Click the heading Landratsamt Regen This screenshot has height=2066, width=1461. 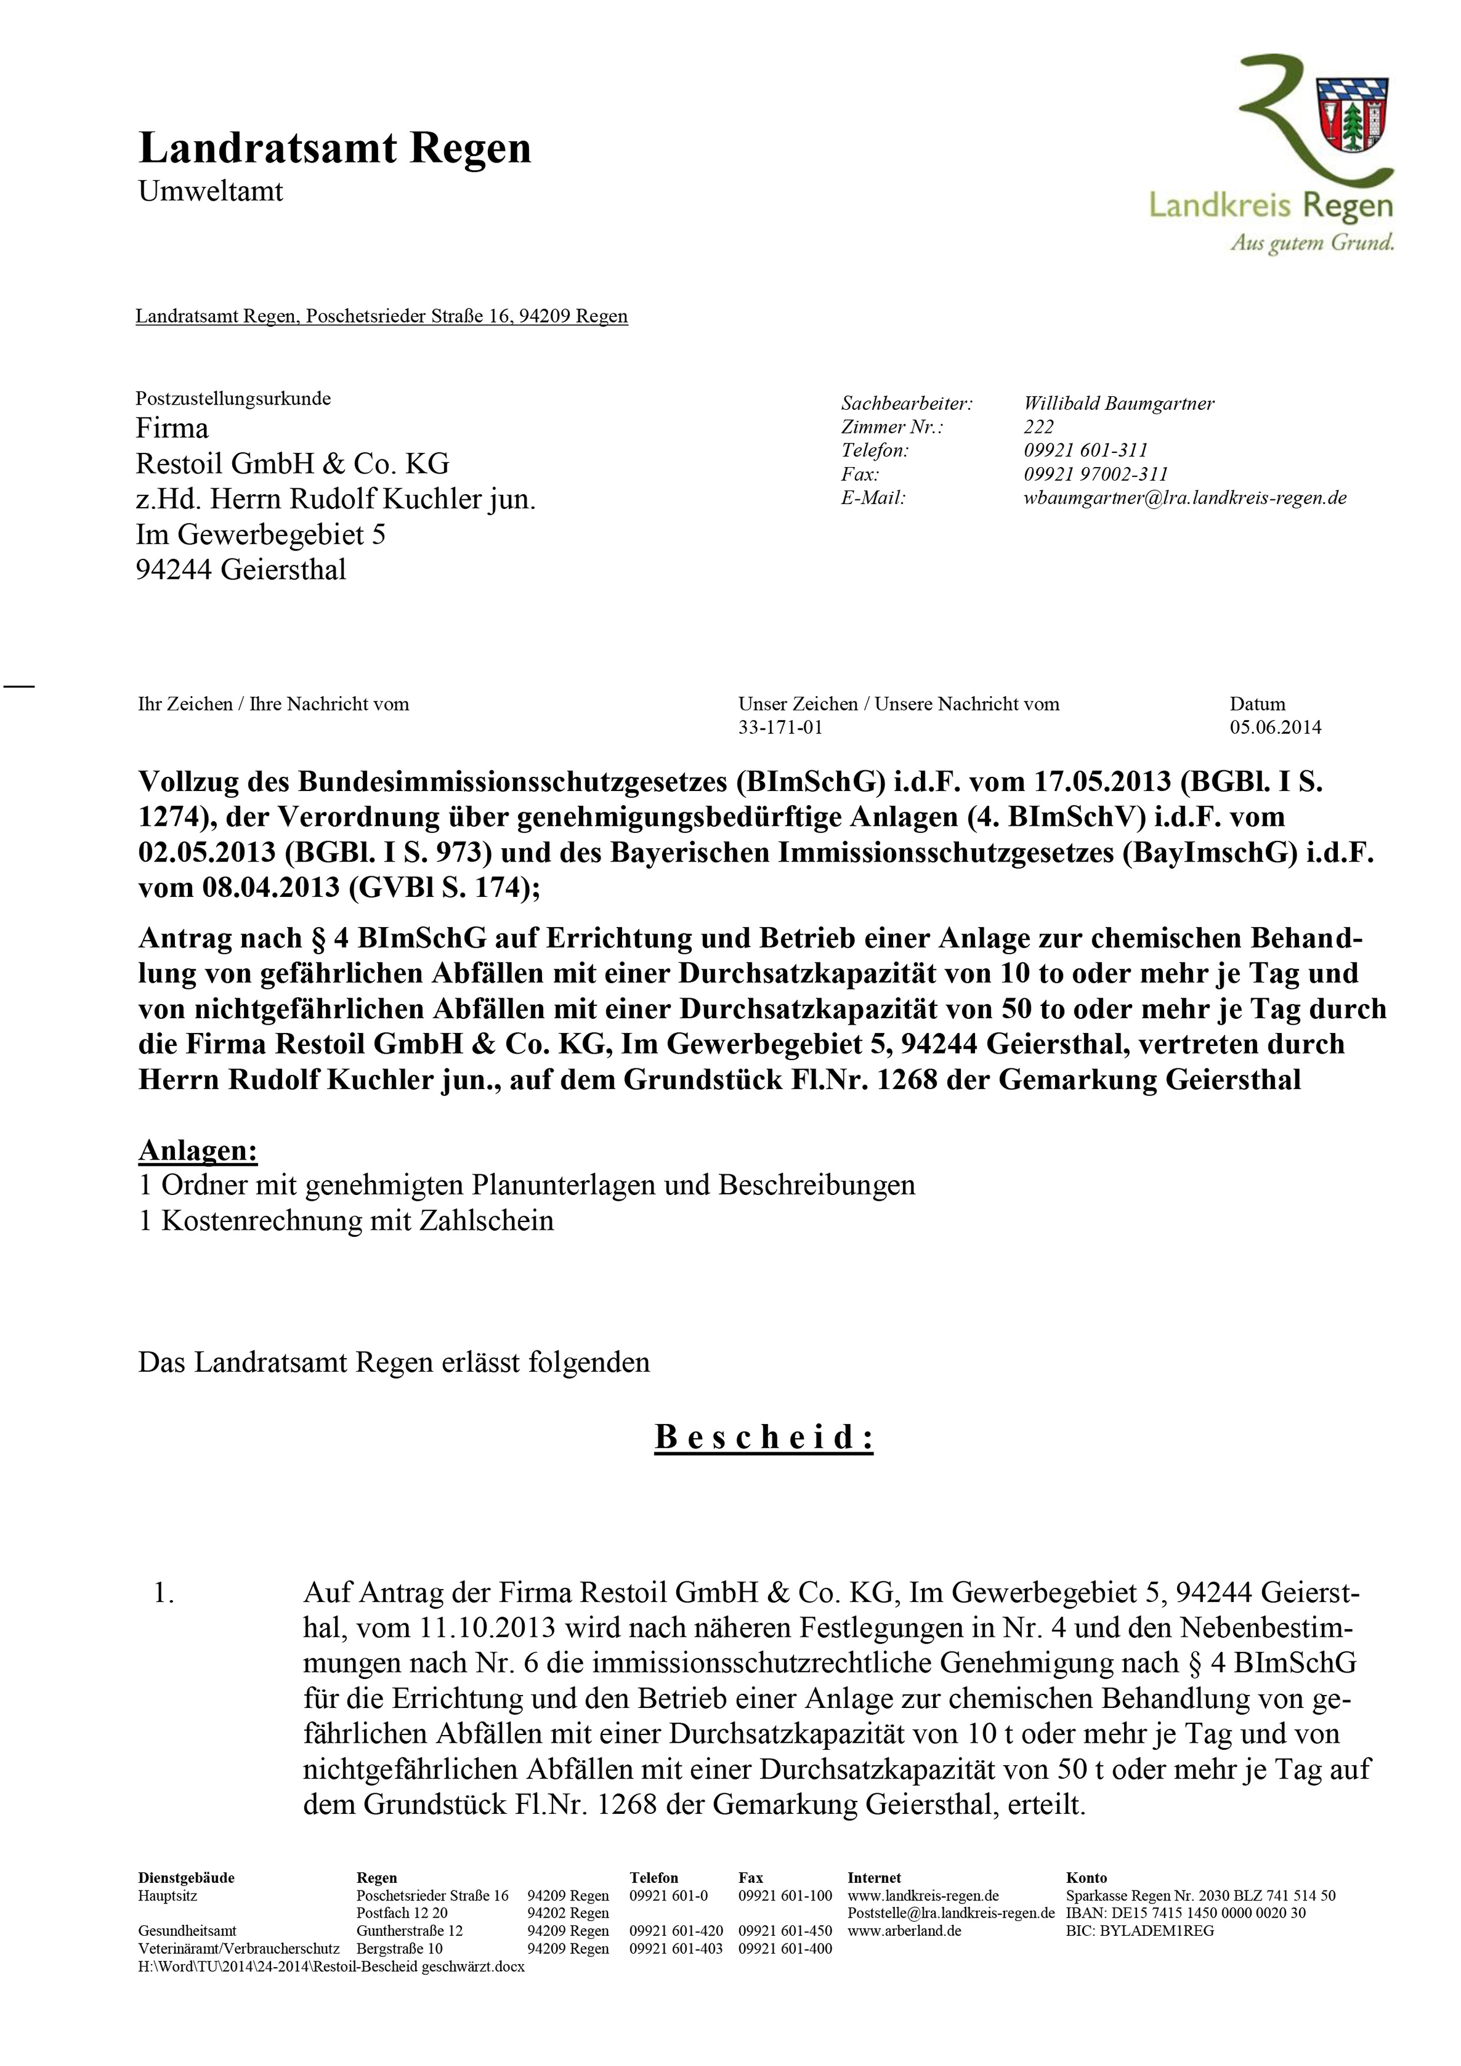[x=334, y=148]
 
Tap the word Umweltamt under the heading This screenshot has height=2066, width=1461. [x=211, y=191]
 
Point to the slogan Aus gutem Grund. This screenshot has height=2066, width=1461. [x=1313, y=243]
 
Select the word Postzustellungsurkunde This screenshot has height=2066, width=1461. [x=233, y=399]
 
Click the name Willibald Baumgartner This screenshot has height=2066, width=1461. [x=1119, y=404]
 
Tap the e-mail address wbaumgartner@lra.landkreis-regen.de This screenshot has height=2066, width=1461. [x=1185, y=498]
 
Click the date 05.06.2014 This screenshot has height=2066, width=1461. [x=1275, y=728]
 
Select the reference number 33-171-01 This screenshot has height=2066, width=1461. [x=781, y=728]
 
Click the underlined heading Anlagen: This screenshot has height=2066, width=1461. [x=198, y=1151]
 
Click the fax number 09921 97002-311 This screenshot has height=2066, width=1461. [x=1096, y=474]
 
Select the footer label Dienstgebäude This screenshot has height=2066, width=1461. [x=186, y=1878]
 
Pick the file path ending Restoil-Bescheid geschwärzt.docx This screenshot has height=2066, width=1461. [x=331, y=1966]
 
